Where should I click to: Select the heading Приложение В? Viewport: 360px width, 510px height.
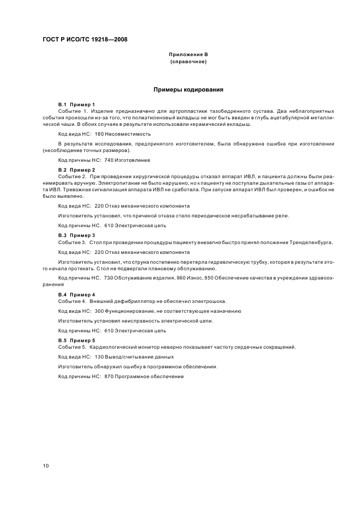pos(188,55)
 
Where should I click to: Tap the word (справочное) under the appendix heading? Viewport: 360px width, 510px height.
pos(188,62)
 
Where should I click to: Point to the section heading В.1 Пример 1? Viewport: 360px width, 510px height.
pos(77,104)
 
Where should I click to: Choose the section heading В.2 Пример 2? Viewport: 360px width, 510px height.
pos(77,171)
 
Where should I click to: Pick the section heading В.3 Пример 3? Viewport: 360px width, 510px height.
pos(77,235)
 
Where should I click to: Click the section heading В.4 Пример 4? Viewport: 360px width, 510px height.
pos(77,294)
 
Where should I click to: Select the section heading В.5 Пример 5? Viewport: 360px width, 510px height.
pos(77,341)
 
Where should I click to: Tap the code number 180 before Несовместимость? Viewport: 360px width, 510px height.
pos(99,133)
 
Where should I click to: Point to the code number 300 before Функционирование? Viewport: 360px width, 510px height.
pos(99,311)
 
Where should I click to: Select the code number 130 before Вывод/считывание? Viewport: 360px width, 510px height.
pos(99,357)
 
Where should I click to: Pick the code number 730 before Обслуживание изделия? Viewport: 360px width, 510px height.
pos(109,278)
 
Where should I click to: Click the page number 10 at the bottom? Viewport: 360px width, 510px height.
pos(46,466)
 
